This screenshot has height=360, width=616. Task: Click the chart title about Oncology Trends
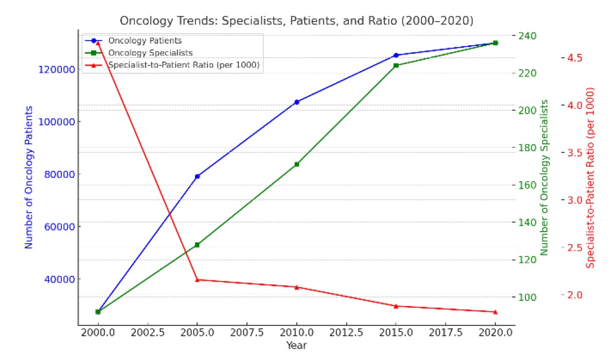pos(296,21)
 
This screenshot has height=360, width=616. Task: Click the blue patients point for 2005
pos(197,177)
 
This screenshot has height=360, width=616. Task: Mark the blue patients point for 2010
pos(297,102)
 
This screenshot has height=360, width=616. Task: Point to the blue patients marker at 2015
pos(396,55)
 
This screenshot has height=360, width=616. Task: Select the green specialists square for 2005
pos(197,245)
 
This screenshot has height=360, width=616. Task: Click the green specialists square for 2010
pos(297,165)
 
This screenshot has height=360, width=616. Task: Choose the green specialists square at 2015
pos(396,65)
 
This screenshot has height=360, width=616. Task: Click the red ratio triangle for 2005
pos(197,280)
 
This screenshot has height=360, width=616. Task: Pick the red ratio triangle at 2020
pos(495,311)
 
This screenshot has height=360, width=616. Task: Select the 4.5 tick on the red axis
pos(574,58)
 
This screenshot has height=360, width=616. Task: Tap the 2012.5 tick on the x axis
pos(346,333)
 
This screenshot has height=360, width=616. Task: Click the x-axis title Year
pos(297,346)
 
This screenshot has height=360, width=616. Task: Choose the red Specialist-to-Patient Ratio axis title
pos(591,178)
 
